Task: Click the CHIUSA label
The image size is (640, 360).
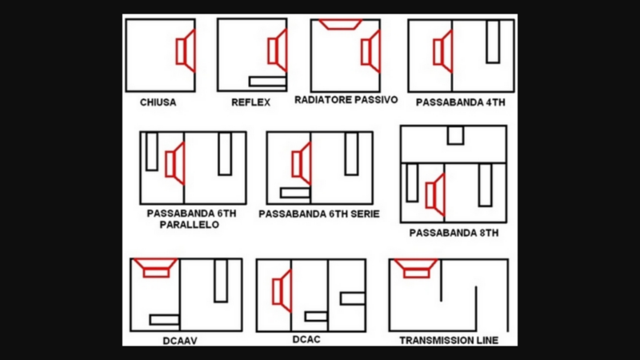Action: coord(158,103)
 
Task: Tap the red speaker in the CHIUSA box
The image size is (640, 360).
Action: coord(186,50)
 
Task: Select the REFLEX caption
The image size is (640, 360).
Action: coord(250,102)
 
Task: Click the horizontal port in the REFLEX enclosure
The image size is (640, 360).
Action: coord(267,81)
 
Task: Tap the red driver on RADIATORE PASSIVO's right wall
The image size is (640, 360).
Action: coord(370,51)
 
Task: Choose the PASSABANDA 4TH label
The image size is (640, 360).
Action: coord(460,103)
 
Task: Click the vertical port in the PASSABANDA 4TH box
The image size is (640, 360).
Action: coord(492,42)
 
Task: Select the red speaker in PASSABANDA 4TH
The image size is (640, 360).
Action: coord(442,51)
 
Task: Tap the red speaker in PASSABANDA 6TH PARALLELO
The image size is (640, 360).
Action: coord(175,163)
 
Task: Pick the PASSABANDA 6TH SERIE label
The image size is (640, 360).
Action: coord(318,214)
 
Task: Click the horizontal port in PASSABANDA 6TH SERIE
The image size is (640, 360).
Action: coord(294,192)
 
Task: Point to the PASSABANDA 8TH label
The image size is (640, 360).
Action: coord(454,234)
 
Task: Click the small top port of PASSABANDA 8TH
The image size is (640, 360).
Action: coord(454,135)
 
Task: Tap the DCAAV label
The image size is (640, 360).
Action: coord(179,340)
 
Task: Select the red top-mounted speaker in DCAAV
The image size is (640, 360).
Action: coord(156,267)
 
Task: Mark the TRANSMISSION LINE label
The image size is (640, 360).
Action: coord(448,341)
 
